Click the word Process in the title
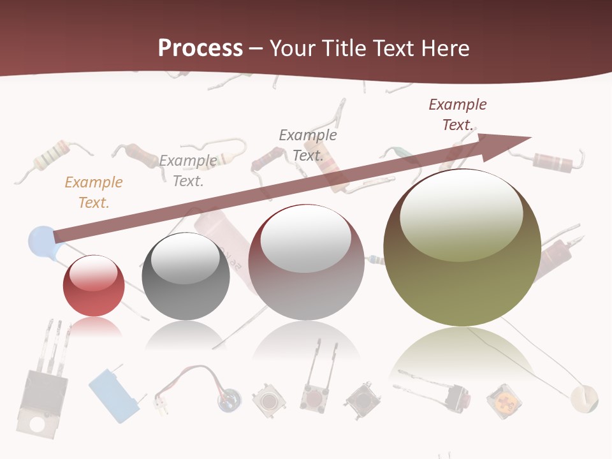tap(200, 48)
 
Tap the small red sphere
tap(94, 287)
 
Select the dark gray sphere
tap(186, 277)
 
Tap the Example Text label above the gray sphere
tap(188, 171)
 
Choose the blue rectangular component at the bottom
tap(113, 395)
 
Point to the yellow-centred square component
tap(504, 402)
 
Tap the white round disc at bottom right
tap(585, 398)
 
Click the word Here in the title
tap(447, 48)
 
